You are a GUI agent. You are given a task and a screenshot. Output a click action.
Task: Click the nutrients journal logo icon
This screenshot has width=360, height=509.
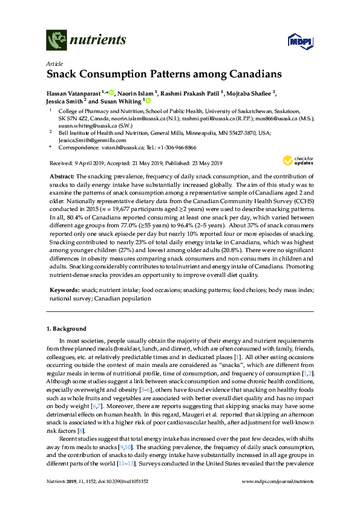[56, 41]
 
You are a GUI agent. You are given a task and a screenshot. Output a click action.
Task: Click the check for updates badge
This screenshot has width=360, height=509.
[294, 161]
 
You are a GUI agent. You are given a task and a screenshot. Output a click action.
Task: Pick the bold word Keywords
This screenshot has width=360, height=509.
[64, 290]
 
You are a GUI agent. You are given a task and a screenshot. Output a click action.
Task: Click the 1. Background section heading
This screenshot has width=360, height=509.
[67, 329]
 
